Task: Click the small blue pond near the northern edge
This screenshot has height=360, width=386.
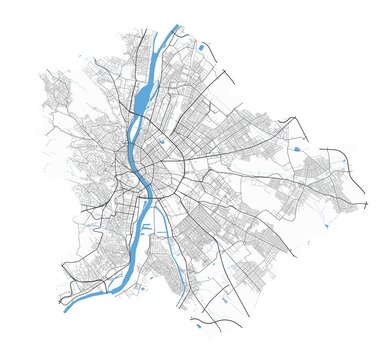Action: tap(202, 47)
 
